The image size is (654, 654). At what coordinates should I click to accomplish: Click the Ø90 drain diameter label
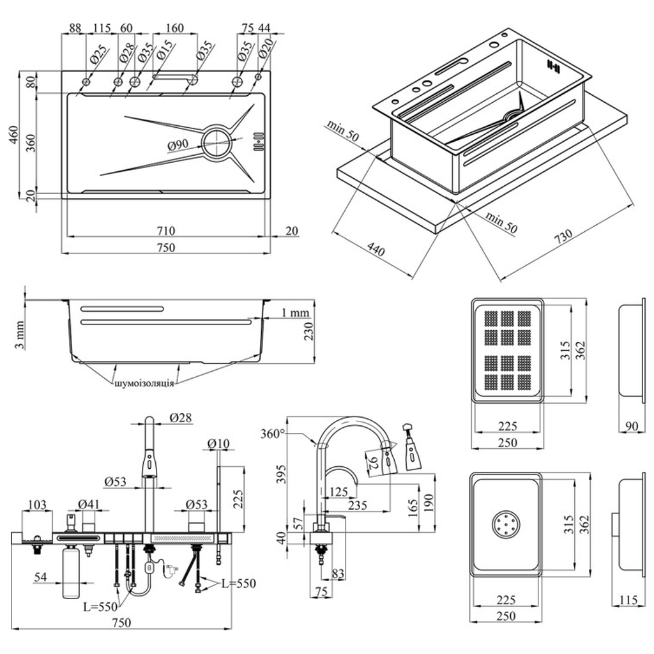pos(178,146)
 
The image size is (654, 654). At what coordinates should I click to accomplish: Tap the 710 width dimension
pos(165,231)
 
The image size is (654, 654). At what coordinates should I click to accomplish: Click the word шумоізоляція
pos(144,384)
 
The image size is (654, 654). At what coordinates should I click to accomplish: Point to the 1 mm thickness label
pos(296,313)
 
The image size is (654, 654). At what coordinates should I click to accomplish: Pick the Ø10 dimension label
pos(219,443)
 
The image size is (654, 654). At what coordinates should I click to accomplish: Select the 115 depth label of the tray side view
pos(628,601)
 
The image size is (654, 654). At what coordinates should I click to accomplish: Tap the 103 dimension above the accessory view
pos(38,506)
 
